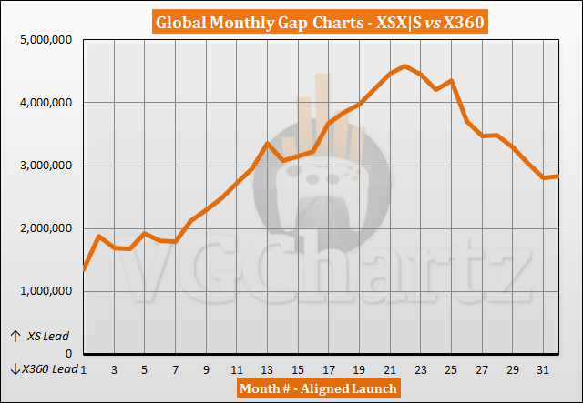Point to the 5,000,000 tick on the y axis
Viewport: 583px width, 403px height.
[43, 40]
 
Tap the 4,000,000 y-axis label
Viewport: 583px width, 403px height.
[43, 103]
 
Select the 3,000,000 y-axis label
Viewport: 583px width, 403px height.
[43, 166]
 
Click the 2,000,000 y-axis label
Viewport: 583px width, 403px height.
[43, 228]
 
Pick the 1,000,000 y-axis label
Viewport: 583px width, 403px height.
[43, 291]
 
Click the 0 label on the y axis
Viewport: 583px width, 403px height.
[69, 354]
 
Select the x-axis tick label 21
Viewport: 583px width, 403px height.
[391, 369]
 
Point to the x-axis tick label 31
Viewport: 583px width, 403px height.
[545, 369]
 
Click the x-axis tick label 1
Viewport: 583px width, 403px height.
[84, 369]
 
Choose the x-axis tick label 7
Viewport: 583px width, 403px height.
[176, 369]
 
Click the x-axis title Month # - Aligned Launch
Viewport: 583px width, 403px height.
[317, 389]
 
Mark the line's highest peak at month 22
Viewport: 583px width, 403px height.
[406, 65]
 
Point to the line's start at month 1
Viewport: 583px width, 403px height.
[84, 269]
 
